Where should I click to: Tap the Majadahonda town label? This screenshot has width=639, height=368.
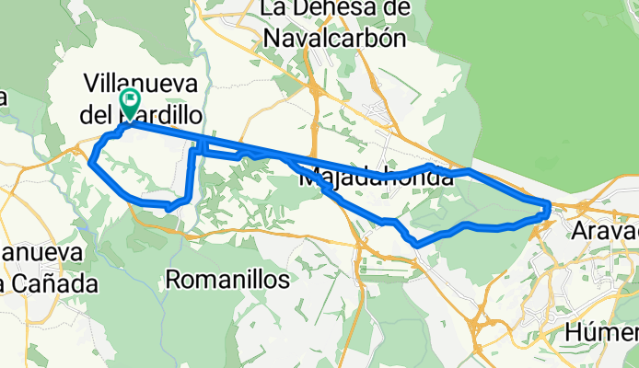point(377,178)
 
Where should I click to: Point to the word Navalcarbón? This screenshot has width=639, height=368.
point(335,38)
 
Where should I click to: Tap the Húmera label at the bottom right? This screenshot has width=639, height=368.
point(603,331)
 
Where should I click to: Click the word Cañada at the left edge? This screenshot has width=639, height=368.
point(58,284)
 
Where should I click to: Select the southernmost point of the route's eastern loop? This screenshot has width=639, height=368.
point(419,246)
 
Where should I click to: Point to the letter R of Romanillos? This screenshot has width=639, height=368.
point(173,278)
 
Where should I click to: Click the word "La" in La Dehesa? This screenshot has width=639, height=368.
point(276,9)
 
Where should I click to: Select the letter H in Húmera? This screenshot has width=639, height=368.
point(575,331)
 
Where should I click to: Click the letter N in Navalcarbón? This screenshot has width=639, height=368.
point(273,38)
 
